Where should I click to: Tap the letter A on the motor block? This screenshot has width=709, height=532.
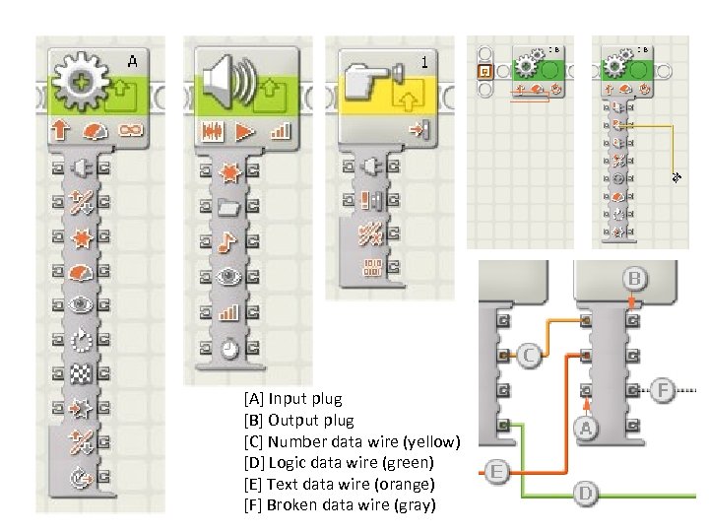point(131,62)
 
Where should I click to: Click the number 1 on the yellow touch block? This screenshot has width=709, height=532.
point(424,62)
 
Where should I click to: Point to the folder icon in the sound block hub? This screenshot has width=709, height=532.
point(227,206)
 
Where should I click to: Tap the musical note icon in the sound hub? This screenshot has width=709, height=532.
point(227,241)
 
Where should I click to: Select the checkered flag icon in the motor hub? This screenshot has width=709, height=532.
point(82,373)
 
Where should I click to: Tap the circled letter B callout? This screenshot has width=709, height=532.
point(635,279)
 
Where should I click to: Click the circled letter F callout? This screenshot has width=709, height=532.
point(664,391)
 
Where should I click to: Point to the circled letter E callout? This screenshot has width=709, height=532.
point(495,474)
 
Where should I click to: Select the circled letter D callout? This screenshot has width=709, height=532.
point(585,492)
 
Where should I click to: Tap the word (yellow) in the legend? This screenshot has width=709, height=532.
point(429,441)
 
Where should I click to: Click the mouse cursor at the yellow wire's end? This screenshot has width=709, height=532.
point(677,177)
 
